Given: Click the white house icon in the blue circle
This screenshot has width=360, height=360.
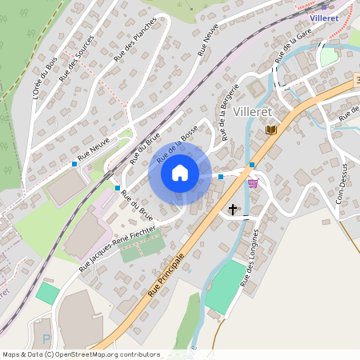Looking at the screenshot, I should click(x=180, y=172).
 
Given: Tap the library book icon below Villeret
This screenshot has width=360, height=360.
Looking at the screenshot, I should click(x=271, y=130).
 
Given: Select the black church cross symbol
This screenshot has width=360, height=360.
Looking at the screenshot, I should click(x=233, y=210).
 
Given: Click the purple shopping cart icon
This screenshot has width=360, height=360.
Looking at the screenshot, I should click(x=253, y=183).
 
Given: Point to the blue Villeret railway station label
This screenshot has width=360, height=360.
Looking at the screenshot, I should click(x=322, y=15).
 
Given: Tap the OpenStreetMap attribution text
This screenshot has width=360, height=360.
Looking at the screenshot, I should click(x=81, y=354).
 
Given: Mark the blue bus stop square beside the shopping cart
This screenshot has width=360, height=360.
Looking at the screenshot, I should click(x=251, y=166).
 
